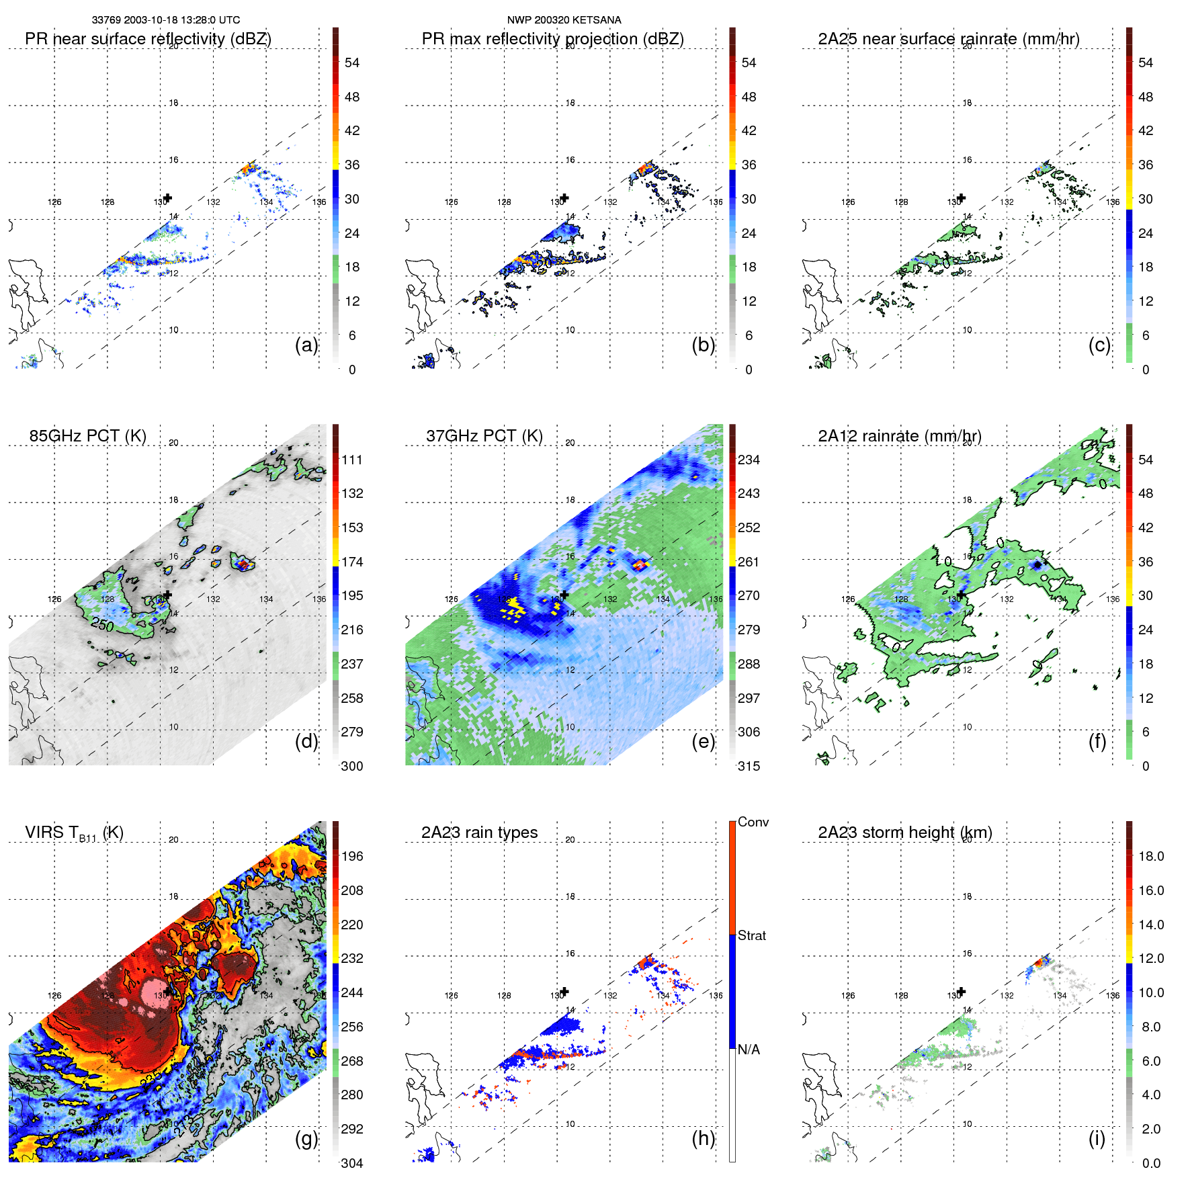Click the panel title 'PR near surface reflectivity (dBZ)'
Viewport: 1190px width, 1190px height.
pyautogui.click(x=148, y=39)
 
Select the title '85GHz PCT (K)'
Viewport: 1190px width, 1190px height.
pyautogui.click(x=87, y=436)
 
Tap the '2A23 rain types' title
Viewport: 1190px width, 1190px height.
pyautogui.click(x=479, y=833)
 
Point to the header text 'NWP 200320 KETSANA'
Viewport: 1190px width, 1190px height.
pyautogui.click(x=564, y=20)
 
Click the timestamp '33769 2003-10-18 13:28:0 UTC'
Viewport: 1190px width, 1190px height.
pyautogui.click(x=166, y=20)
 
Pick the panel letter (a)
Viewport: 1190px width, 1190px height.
pyautogui.click(x=306, y=345)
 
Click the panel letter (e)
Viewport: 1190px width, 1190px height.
pyautogui.click(x=703, y=741)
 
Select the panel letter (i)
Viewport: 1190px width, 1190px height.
pyautogui.click(x=1097, y=1138)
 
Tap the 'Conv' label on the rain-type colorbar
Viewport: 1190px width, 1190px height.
pyautogui.click(x=753, y=822)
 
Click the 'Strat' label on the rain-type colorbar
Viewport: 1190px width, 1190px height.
pyautogui.click(x=752, y=935)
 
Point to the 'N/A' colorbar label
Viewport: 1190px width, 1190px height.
pyautogui.click(x=749, y=1050)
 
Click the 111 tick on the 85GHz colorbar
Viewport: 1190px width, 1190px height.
pyautogui.click(x=352, y=460)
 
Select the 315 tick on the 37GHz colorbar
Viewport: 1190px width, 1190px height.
pyautogui.click(x=749, y=766)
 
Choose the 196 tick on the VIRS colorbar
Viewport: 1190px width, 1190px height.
pyautogui.click(x=352, y=857)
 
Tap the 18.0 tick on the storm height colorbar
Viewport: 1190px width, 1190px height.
pyautogui.click(x=1151, y=857)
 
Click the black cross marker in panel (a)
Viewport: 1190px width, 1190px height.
pyautogui.click(x=168, y=198)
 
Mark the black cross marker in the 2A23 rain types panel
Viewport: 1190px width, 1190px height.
pyautogui.click(x=564, y=991)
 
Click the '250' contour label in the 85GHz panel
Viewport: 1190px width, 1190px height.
pyautogui.click(x=102, y=624)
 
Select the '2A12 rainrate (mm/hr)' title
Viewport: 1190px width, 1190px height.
pyautogui.click(x=900, y=436)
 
